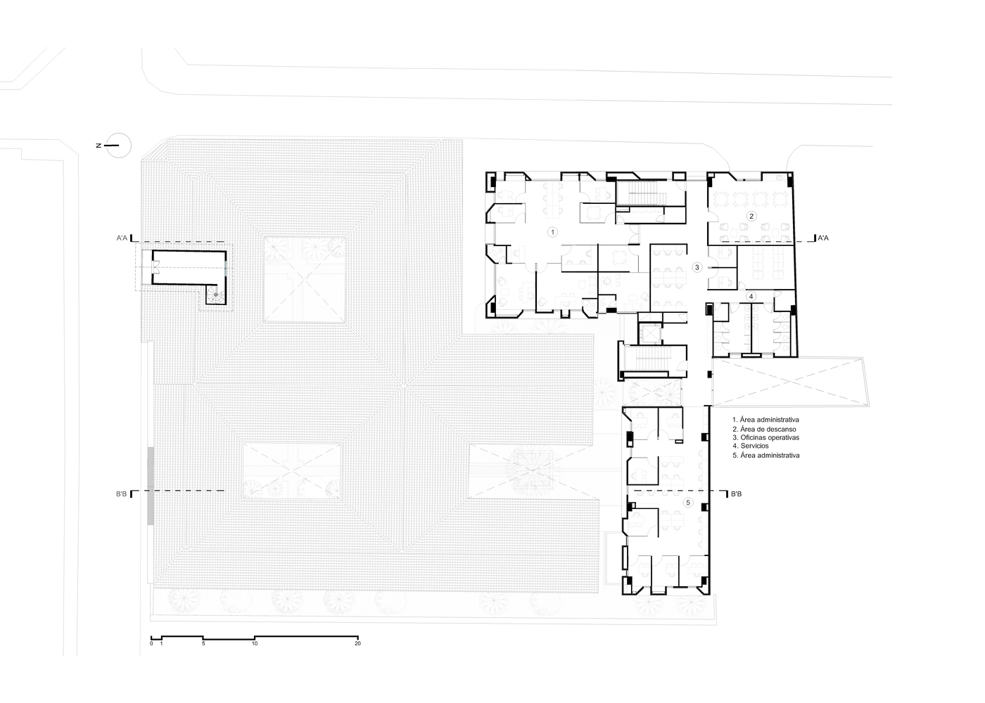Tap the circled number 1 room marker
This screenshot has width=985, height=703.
pyautogui.click(x=552, y=232)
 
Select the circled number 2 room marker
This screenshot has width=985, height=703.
pyautogui.click(x=751, y=216)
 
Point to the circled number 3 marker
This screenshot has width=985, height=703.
pyautogui.click(x=697, y=267)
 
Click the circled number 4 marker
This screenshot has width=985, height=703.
pyautogui.click(x=751, y=296)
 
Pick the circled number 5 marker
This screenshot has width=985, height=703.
pyautogui.click(x=689, y=503)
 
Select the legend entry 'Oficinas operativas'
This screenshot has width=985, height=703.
pyautogui.click(x=766, y=437)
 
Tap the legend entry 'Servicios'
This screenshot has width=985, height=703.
pyautogui.click(x=751, y=446)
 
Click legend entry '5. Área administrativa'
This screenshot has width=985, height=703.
pyautogui.click(x=766, y=456)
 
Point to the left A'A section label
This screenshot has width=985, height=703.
pyautogui.click(x=122, y=238)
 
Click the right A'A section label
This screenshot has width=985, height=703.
pyautogui.click(x=822, y=238)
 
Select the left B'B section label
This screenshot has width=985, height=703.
pyautogui.click(x=121, y=494)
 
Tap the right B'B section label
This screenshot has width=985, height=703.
pyautogui.click(x=736, y=494)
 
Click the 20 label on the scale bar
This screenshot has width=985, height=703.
pyautogui.click(x=358, y=644)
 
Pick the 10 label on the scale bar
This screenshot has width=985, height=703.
pyautogui.click(x=255, y=644)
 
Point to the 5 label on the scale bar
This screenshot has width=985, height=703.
pyautogui.click(x=203, y=644)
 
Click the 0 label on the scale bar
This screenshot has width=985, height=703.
pyautogui.click(x=151, y=644)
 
